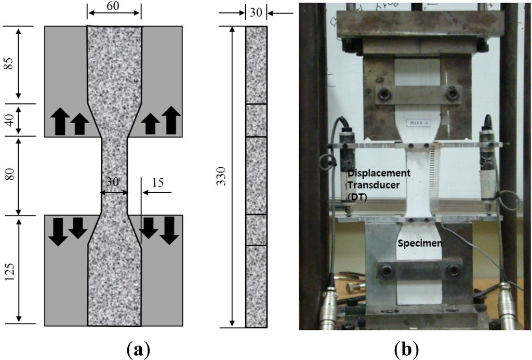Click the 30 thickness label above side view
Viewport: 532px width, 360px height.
click(x=256, y=12)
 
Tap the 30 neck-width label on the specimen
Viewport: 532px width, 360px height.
click(x=114, y=183)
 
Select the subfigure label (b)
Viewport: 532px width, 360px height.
click(x=407, y=348)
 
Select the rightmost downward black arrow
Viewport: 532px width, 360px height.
click(x=169, y=231)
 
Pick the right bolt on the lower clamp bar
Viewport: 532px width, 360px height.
click(x=454, y=271)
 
